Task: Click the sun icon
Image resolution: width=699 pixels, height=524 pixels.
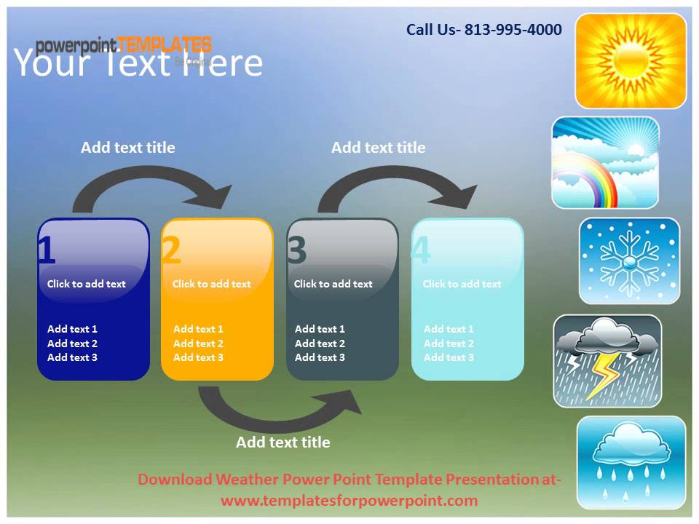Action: [x=631, y=60]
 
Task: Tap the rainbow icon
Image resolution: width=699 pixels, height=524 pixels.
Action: [x=605, y=162]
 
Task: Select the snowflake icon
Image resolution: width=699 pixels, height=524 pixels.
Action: [x=630, y=261]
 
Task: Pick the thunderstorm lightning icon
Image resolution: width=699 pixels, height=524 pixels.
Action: [x=607, y=361]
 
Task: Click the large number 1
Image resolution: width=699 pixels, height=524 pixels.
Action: [x=46, y=250]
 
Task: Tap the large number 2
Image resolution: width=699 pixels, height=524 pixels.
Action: [x=171, y=250]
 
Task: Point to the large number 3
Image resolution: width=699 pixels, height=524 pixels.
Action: [x=297, y=250]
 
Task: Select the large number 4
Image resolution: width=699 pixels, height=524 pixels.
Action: [x=421, y=250]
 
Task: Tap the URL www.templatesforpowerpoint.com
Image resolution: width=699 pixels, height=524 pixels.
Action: [x=349, y=501]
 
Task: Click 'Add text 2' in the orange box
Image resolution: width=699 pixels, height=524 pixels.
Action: [x=198, y=344]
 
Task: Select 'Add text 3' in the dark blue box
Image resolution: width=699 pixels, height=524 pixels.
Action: [x=72, y=357]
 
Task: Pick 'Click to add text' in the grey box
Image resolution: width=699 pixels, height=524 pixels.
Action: [x=333, y=284]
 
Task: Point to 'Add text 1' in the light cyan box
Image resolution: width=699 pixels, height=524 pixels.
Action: [x=449, y=329]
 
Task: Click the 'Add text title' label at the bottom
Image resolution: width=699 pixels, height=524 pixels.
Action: [x=283, y=442]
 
